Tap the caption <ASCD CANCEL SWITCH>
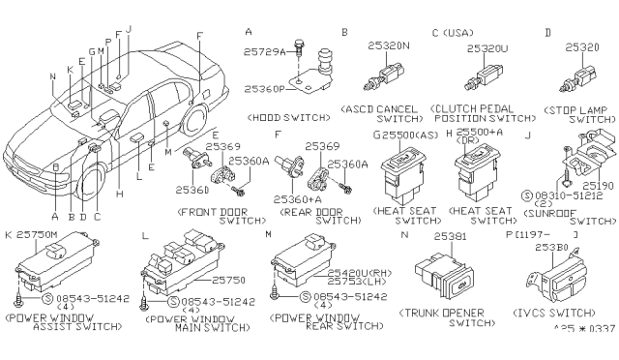pos(380,113)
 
